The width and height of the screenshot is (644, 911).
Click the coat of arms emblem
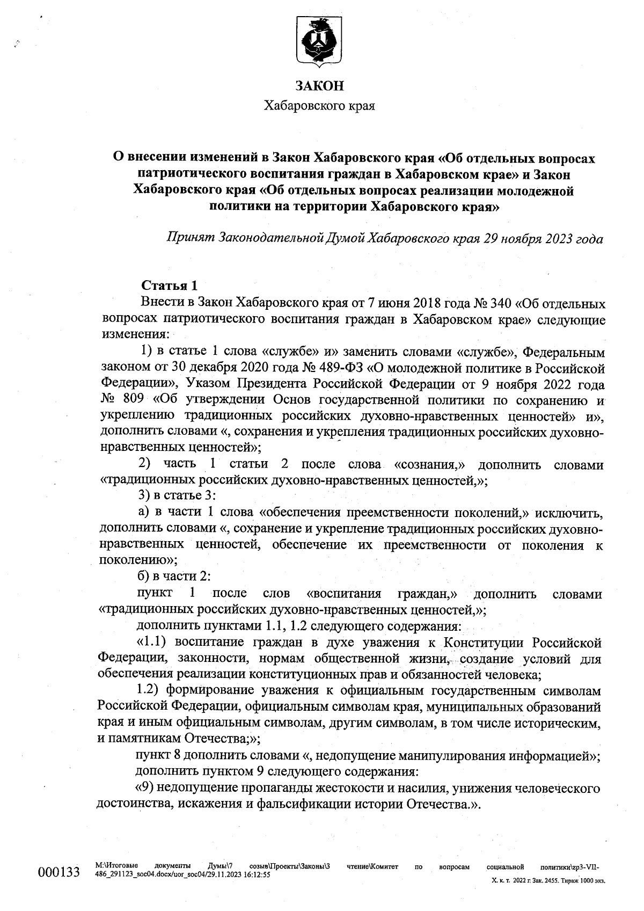coord(319,41)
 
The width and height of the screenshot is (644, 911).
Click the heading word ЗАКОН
coord(319,86)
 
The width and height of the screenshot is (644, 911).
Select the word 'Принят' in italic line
coord(188,238)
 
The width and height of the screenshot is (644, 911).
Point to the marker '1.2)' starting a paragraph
coord(150,691)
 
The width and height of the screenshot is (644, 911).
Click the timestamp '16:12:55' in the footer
coord(257,874)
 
